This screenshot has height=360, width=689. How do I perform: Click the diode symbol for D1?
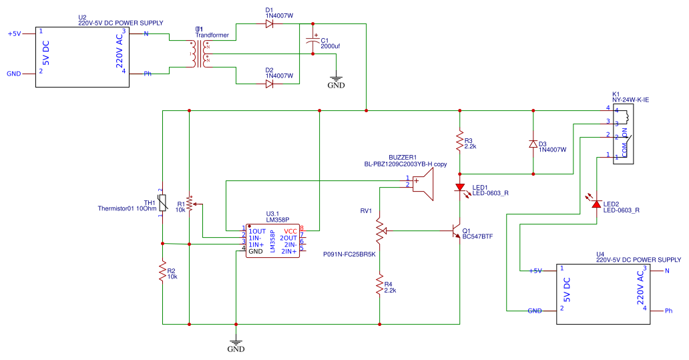pyautogui.click(x=269, y=24)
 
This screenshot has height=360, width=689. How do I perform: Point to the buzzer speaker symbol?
pyautogui.click(x=423, y=182)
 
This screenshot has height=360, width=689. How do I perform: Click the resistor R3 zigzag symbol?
pyautogui.click(x=459, y=142)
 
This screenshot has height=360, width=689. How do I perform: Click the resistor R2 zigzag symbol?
pyautogui.click(x=162, y=273)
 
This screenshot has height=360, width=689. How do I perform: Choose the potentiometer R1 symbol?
pyautogui.click(x=190, y=204)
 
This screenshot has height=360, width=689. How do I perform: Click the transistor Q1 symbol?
pyautogui.click(x=457, y=231)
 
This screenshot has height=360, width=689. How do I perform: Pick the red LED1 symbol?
pyautogui.click(x=460, y=188)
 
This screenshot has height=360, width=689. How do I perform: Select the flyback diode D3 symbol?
pyautogui.click(x=533, y=144)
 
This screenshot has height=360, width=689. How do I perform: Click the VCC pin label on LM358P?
pyautogui.click(x=290, y=231)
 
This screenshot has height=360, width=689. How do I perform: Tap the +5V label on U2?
pyautogui.click(x=14, y=33)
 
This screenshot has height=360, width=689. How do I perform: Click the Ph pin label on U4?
pyautogui.click(x=669, y=311)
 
